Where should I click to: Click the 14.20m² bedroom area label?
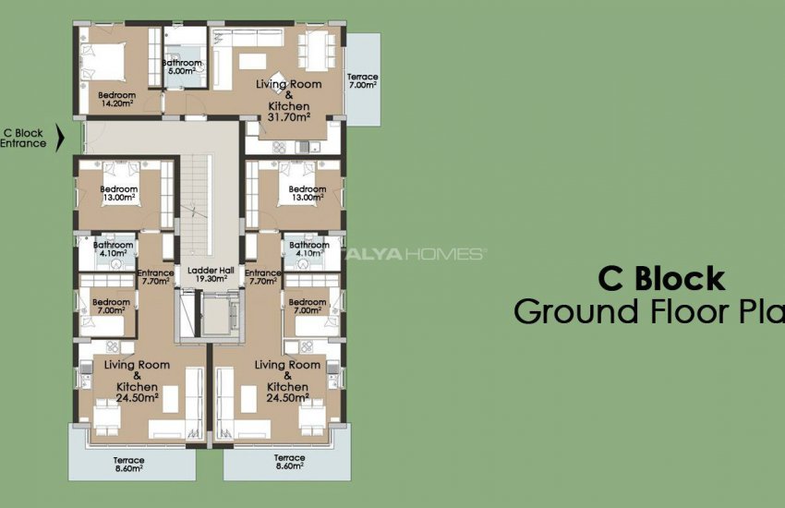tap(117, 100)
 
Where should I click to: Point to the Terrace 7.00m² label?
tap(362, 80)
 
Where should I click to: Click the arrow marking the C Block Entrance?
tap(61, 139)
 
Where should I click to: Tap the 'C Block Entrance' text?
tap(24, 139)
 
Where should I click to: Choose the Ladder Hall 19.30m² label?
tap(210, 274)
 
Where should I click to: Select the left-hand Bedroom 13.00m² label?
tap(117, 193)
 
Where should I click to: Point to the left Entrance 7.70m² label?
tap(154, 277)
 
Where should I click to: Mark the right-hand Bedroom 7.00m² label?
tap(308, 307)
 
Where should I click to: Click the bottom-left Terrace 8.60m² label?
tap(129, 464)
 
